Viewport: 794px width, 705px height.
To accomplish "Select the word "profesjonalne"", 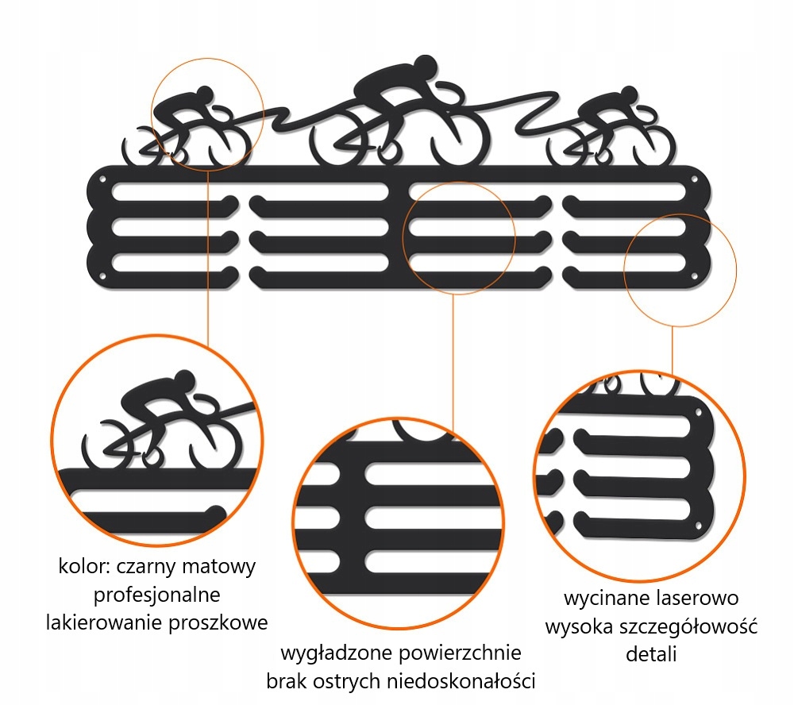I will tap(157, 595).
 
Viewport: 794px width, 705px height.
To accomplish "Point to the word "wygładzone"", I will tap(331, 654).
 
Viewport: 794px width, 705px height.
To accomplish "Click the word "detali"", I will tap(650, 654).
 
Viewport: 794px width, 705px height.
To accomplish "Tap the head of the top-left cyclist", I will tap(206, 96).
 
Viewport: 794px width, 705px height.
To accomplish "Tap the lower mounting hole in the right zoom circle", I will tap(699, 526).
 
